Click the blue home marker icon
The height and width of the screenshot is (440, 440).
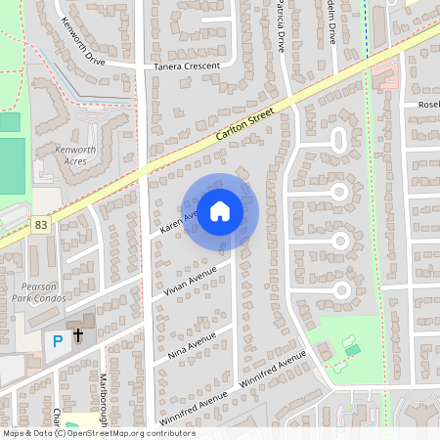pos(220,209)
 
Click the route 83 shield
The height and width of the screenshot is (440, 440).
pos(41,224)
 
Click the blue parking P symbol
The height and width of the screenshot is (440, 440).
pos(57,340)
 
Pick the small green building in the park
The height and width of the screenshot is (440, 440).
pos(352,348)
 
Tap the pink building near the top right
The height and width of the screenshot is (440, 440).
pos(385,70)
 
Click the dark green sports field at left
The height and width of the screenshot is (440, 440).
pos(12,167)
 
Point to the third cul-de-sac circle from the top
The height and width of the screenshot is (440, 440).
pos(340,240)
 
